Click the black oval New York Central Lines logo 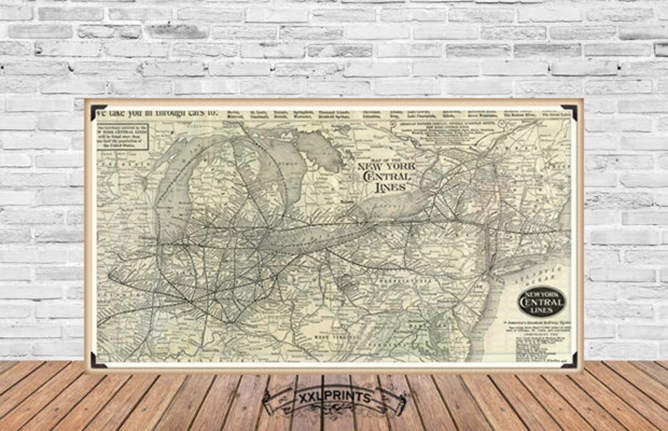click(541, 302)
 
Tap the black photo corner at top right click(570, 111)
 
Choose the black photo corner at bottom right click(570, 361)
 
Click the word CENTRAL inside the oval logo click(541, 302)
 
